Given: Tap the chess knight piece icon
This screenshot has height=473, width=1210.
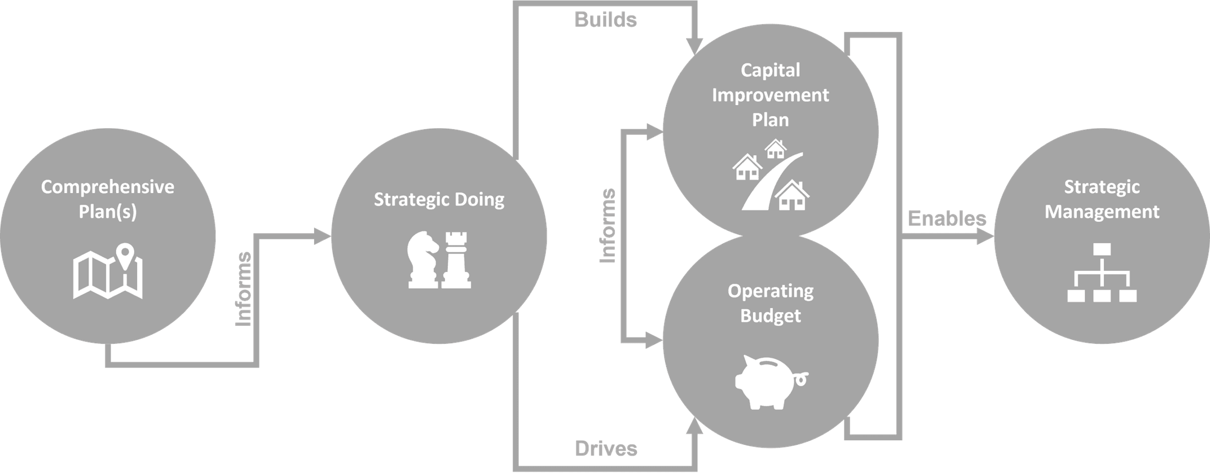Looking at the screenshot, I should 423,261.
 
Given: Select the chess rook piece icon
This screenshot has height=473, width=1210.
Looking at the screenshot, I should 456,260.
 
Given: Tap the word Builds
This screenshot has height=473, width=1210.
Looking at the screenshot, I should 605,20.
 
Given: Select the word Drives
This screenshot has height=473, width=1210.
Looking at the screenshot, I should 606,449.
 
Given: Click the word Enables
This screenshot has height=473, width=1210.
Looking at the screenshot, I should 947,218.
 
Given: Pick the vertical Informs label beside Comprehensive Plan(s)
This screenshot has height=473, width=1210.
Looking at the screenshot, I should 243,289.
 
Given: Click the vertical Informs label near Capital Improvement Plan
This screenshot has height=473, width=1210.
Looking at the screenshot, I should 608,226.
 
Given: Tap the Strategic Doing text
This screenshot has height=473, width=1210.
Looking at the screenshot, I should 439,200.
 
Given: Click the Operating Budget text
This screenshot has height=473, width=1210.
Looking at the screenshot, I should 771,303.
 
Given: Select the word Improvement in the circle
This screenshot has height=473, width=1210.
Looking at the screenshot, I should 770,95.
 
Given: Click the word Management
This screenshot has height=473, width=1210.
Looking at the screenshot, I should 1102,212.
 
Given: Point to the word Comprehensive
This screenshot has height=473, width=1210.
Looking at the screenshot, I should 108,187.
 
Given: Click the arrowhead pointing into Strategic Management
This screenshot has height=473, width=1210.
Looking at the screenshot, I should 984,236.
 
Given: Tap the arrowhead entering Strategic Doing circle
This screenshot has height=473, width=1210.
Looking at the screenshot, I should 322,236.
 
